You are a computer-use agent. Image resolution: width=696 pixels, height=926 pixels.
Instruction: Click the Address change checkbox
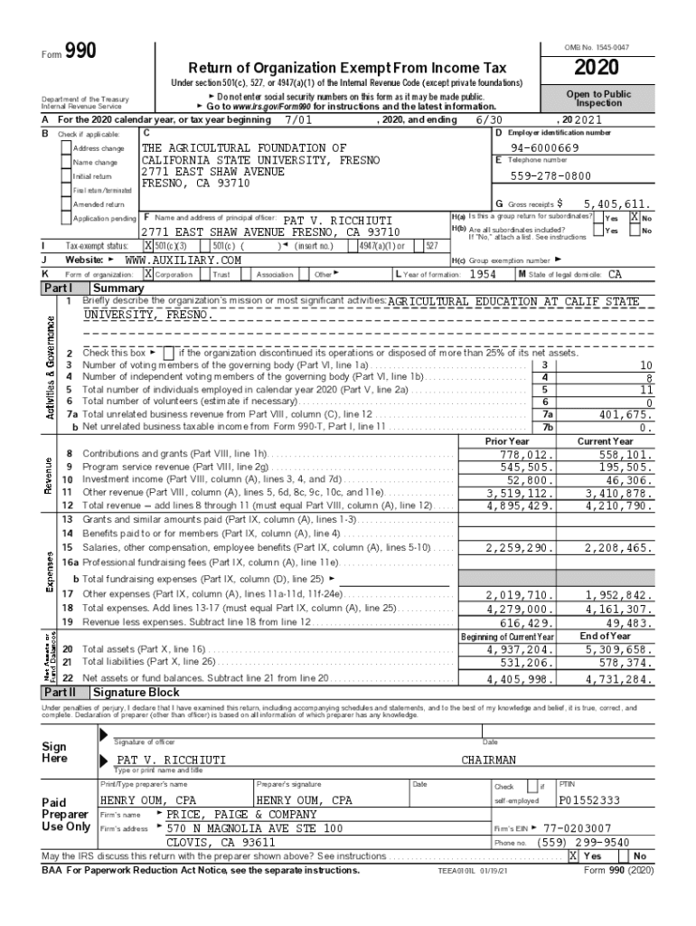[66, 147]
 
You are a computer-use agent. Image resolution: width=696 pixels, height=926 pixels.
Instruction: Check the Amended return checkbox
[66, 204]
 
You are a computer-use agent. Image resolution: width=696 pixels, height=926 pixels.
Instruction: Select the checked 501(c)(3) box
[149, 245]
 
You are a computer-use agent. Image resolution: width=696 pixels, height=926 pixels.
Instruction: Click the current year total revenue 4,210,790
[619, 506]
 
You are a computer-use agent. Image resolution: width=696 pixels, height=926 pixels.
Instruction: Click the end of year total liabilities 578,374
[619, 662]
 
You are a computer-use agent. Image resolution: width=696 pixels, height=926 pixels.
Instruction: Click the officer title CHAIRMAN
[488, 761]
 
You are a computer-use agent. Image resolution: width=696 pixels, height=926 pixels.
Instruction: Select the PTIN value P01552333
[589, 800]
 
